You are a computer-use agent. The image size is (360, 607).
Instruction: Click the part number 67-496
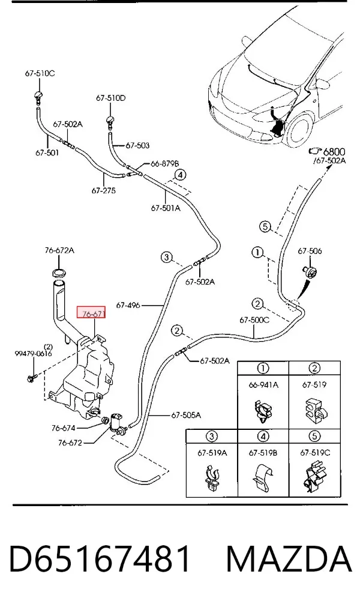pyautogui.click(x=128, y=305)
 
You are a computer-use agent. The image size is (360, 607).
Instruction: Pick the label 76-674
pyautogui.click(x=63, y=428)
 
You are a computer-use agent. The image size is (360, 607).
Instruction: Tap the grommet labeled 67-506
pyautogui.click(x=311, y=271)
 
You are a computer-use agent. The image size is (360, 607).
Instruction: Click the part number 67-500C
pyautogui.click(x=254, y=320)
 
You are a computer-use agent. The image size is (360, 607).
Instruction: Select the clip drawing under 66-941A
pyautogui.click(x=262, y=411)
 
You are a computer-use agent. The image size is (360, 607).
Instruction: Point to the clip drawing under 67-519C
pyautogui.click(x=314, y=479)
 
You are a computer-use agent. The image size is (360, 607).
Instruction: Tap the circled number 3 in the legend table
pyautogui.click(x=212, y=436)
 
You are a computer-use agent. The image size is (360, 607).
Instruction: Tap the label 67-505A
pyautogui.click(x=186, y=415)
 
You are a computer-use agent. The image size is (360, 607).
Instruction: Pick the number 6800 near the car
pyautogui.click(x=334, y=152)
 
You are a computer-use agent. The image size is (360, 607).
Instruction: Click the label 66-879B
pyautogui.click(x=165, y=164)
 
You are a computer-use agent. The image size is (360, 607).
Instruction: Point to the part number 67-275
pyautogui.click(x=104, y=190)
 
